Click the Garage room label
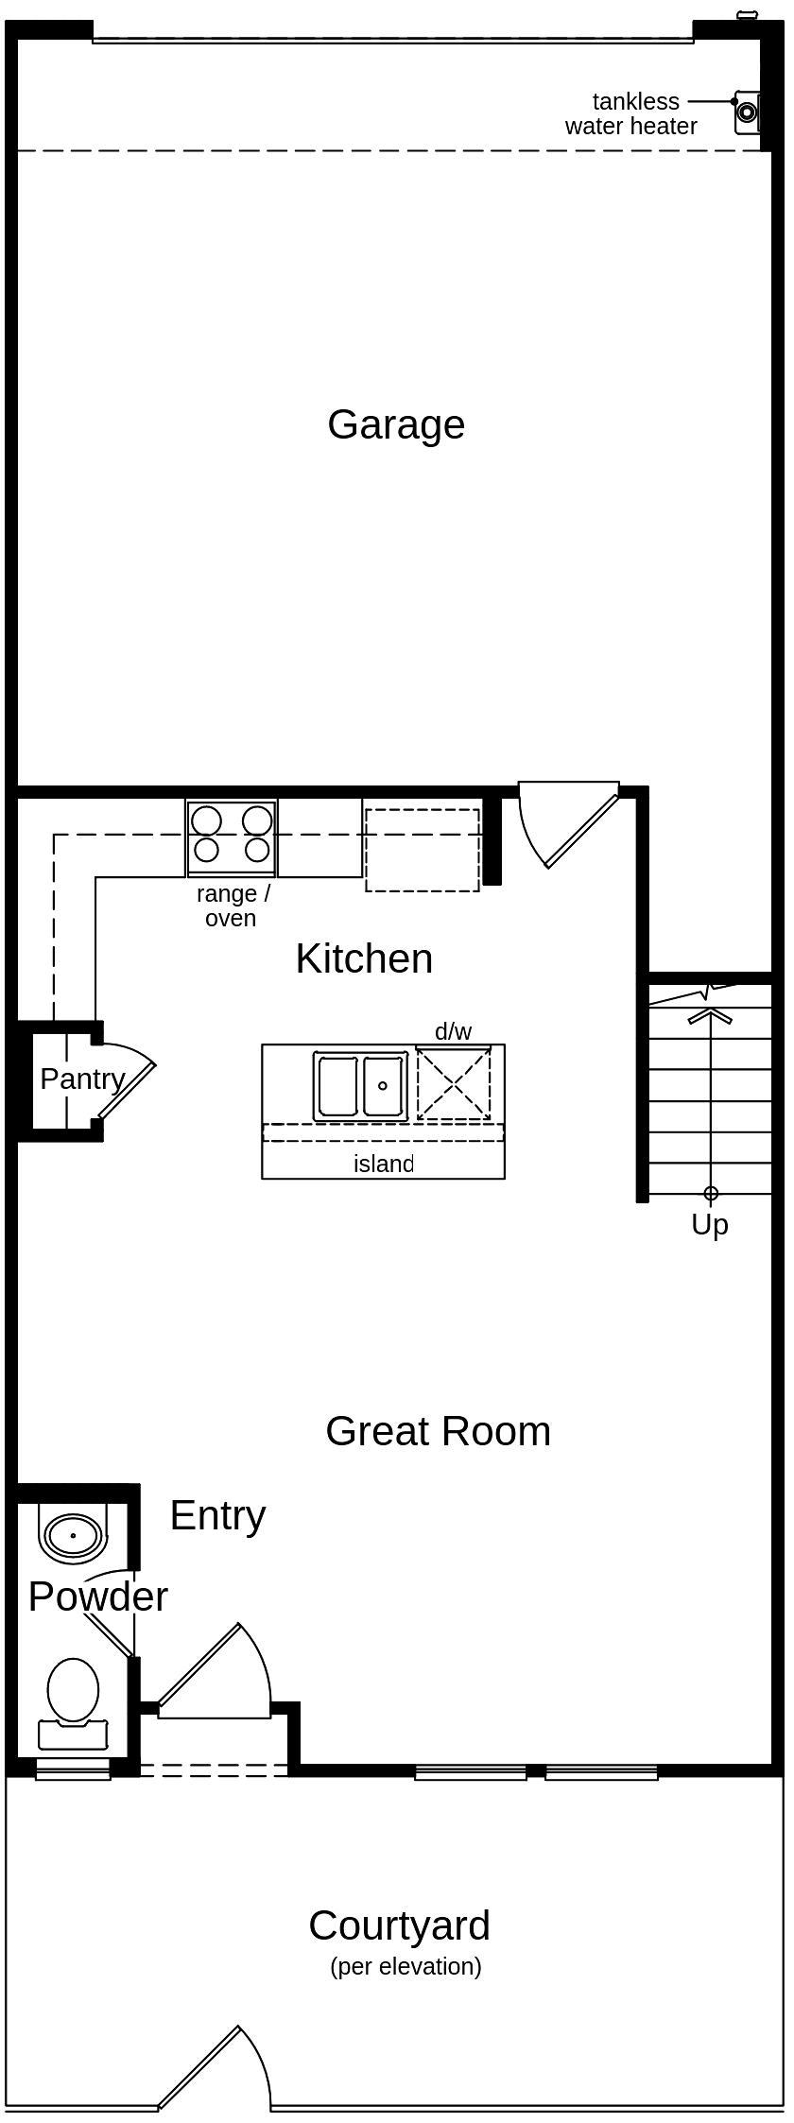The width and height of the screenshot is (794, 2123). [396, 424]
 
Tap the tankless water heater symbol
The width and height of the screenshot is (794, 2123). [747, 112]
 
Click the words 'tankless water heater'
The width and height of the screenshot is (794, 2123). [632, 113]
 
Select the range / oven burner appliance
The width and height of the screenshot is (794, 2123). [232, 837]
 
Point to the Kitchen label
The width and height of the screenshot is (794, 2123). [364, 958]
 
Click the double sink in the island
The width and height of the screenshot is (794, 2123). [360, 1086]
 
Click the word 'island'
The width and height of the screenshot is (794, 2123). [383, 1164]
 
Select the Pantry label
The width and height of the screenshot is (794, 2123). [82, 1079]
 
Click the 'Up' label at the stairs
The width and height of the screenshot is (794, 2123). [710, 1225]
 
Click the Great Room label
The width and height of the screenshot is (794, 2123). [438, 1431]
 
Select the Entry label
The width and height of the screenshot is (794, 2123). [217, 1515]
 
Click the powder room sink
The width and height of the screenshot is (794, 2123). [73, 1536]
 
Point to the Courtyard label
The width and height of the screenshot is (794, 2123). [399, 1925]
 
